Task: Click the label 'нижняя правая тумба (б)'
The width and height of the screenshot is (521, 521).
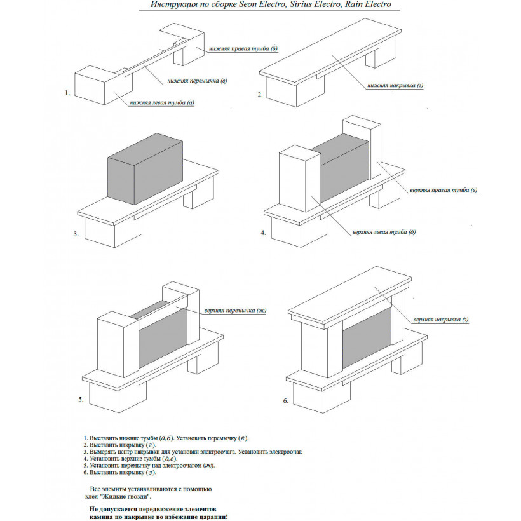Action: [x=243, y=48]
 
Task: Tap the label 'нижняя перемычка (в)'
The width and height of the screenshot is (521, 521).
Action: [x=197, y=81]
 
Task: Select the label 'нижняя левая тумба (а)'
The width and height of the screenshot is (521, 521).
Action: [x=162, y=103]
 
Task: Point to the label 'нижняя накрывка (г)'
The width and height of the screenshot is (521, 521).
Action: [x=395, y=85]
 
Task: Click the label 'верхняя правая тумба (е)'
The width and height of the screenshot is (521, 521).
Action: [x=443, y=190]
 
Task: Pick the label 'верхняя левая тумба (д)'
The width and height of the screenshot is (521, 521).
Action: [x=384, y=232]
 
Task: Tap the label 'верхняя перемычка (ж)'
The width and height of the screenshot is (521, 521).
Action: [x=235, y=311]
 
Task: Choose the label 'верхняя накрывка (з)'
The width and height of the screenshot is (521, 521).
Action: [x=441, y=320]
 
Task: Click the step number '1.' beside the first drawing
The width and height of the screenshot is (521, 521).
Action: [x=67, y=93]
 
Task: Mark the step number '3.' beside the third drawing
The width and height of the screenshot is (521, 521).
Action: [x=76, y=234]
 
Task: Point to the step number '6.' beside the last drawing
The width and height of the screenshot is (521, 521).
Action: [x=286, y=401]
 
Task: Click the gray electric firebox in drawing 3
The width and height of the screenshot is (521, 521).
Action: [x=145, y=169]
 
